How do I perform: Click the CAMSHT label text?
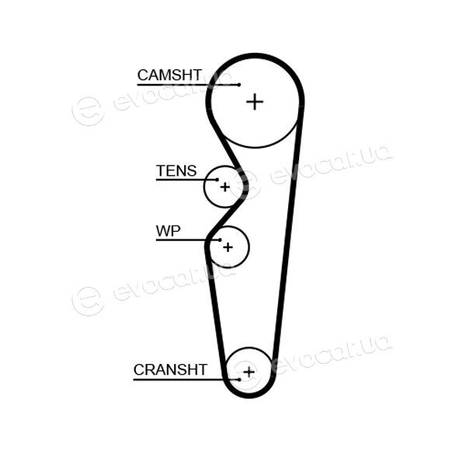[x=169, y=75]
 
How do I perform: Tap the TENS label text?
[x=176, y=171]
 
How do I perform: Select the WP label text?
[x=169, y=231]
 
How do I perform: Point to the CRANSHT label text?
[x=170, y=369]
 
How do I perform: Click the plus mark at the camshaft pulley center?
[x=255, y=102]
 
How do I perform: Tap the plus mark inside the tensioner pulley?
[x=225, y=187]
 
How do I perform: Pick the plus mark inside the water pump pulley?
[x=228, y=247]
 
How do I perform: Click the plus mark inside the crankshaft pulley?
[x=249, y=372]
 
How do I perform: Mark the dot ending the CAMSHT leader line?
[x=239, y=85]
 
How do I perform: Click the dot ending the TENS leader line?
[x=217, y=180]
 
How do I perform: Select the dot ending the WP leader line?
[x=220, y=239]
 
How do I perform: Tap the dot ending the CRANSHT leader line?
[x=239, y=379]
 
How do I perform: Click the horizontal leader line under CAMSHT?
[x=188, y=85]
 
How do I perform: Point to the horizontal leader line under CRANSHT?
[x=186, y=379]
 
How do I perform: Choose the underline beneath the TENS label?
[x=186, y=180]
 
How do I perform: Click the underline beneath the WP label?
[x=188, y=239]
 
